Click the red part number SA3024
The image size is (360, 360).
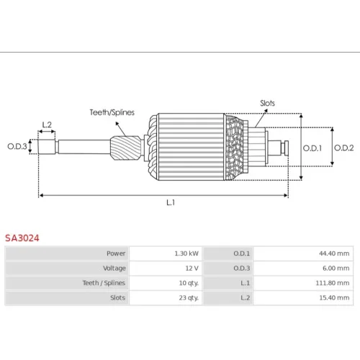[22, 238]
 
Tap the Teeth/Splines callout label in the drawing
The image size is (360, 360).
[112, 112]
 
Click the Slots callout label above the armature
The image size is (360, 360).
[267, 103]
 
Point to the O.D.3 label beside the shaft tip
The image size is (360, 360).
[17, 146]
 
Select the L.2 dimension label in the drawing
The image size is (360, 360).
[47, 125]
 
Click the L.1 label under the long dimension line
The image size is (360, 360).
[171, 202]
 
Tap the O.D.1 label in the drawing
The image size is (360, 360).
[312, 148]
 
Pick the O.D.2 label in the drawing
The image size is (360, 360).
[344, 148]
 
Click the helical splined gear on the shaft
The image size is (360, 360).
[126, 148]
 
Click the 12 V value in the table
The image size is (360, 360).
[192, 268]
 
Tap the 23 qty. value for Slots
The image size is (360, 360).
[189, 298]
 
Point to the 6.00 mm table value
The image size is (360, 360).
[336, 268]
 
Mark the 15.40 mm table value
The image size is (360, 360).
[334, 298]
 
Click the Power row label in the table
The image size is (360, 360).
[116, 253]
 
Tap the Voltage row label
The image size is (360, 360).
[114, 269]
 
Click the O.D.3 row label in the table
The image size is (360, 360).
[242, 268]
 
